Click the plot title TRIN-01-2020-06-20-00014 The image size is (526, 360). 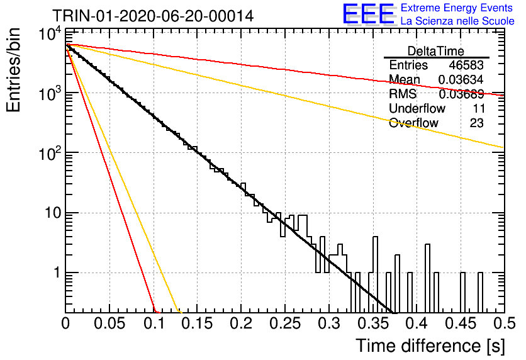153,16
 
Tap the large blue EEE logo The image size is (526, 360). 368,14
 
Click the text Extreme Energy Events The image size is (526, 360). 457,8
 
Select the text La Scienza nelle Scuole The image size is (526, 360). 457,21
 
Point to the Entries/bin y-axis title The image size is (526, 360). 13,70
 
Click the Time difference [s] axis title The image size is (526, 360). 430,346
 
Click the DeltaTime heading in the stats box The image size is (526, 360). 436,51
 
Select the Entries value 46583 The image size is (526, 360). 466,65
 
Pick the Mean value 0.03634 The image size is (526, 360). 461,79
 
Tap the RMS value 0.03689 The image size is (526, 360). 461,94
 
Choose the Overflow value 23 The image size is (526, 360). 477,123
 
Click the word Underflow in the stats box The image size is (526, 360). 417,108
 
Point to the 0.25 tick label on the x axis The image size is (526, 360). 285,323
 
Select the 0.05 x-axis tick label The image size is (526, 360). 109,323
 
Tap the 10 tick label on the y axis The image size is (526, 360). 53,213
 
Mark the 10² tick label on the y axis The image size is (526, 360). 50,154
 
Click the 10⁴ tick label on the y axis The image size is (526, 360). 50,35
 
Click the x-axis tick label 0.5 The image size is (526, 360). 505,323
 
